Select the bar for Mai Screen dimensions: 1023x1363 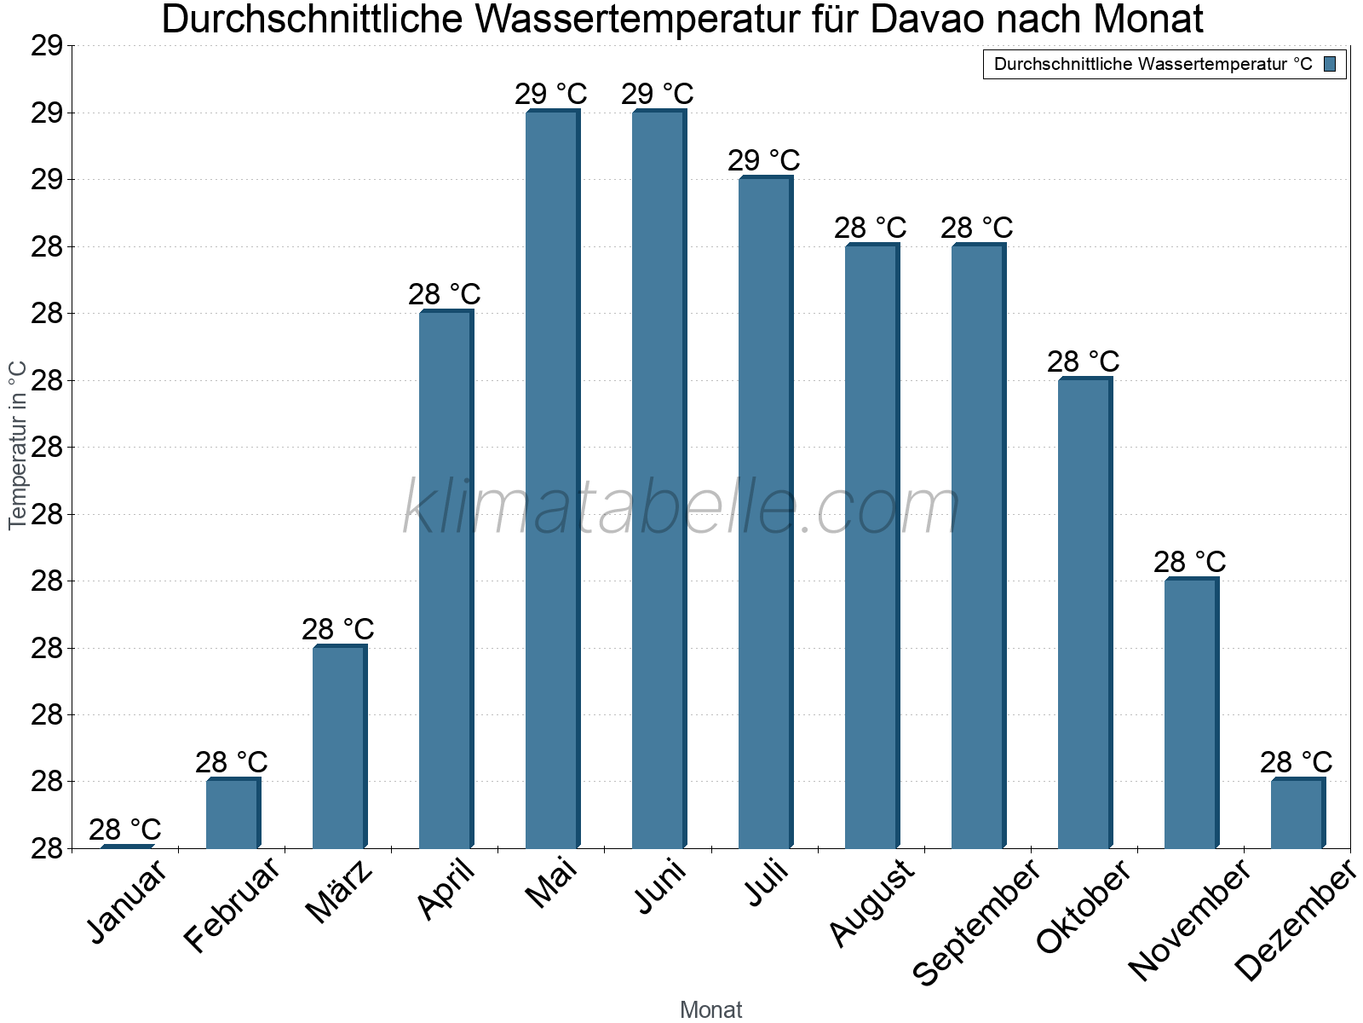[x=551, y=479]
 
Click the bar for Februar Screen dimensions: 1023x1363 [x=232, y=813]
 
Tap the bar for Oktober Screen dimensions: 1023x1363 [x=1084, y=613]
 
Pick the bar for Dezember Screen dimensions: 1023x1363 [x=1297, y=813]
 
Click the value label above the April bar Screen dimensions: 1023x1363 [x=444, y=295]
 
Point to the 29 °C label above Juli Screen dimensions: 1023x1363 [x=763, y=161]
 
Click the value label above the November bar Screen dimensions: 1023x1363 [x=1189, y=563]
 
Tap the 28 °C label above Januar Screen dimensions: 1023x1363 [x=124, y=829]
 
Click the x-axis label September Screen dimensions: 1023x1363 [x=976, y=922]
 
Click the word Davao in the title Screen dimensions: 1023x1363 [x=926, y=20]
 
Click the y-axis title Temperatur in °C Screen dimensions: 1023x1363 [x=18, y=445]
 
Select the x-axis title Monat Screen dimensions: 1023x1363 [x=710, y=1010]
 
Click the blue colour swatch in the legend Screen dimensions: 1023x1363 [x=1330, y=64]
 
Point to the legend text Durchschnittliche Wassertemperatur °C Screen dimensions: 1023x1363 [x=1153, y=64]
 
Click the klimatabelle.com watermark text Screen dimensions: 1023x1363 [x=681, y=509]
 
